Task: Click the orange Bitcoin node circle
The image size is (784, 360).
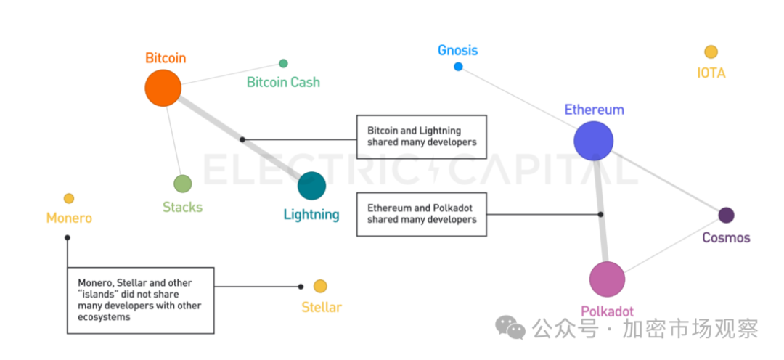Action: [x=163, y=88]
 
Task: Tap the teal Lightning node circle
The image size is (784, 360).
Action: [x=311, y=186]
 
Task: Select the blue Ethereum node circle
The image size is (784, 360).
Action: [x=594, y=141]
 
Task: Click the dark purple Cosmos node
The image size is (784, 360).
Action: [x=726, y=215]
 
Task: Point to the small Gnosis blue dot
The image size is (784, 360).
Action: [x=458, y=67]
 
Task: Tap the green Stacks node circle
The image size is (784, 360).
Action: [x=182, y=184]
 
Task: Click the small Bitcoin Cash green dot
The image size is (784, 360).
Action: [x=283, y=64]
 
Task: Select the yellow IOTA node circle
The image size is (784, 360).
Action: [x=711, y=52]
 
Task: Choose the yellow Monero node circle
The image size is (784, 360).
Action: [x=69, y=198]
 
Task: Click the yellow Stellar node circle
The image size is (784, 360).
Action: [x=320, y=286]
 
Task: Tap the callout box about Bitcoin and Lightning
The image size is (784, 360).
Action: [x=421, y=136]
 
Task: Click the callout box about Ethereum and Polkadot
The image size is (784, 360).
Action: [x=421, y=213]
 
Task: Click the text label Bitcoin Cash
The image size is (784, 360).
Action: [x=283, y=82]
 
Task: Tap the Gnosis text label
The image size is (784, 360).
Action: [x=457, y=50]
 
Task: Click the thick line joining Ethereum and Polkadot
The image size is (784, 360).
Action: [x=600, y=210]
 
